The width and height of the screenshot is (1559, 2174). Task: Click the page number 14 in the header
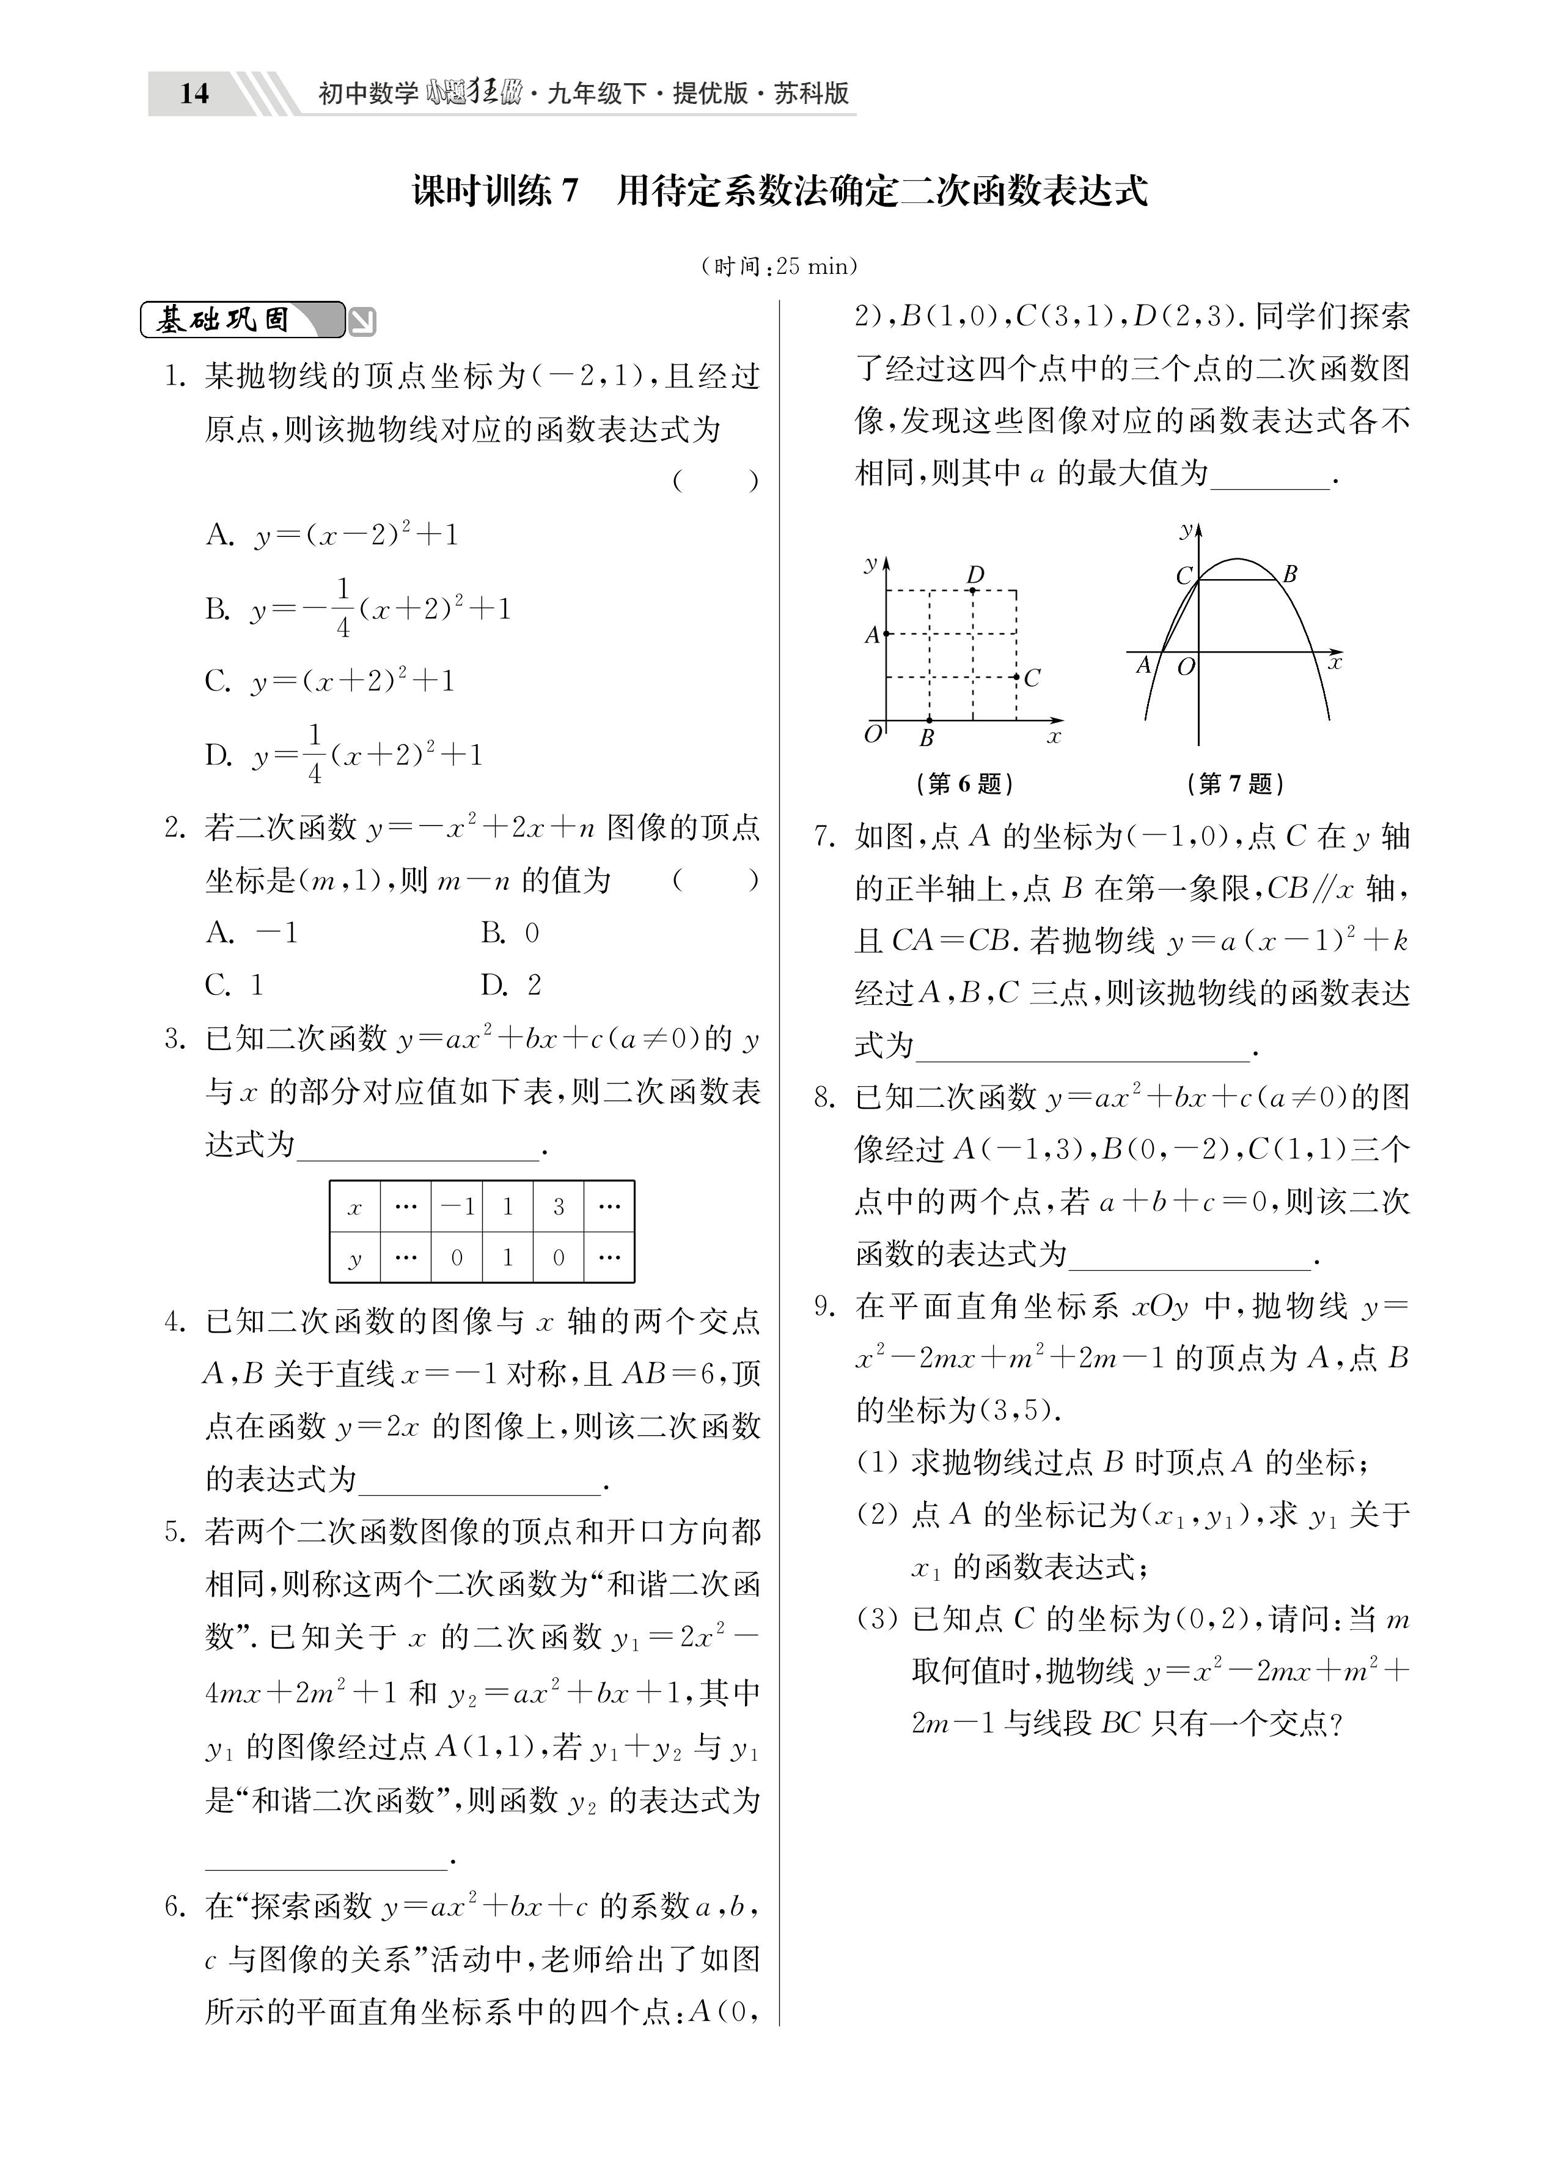point(194,93)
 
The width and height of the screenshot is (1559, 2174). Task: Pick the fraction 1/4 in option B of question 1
point(343,608)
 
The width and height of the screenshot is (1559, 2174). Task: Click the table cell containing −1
point(456,1207)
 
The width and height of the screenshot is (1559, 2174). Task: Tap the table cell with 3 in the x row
point(559,1207)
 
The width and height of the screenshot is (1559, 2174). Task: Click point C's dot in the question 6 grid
point(1017,677)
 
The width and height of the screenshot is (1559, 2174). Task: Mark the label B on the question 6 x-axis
point(926,738)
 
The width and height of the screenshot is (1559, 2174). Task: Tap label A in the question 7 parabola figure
point(1142,664)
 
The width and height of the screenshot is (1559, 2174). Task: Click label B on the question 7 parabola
point(1289,574)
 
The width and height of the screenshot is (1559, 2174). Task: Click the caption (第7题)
point(1235,784)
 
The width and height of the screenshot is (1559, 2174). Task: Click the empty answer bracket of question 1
point(716,481)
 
